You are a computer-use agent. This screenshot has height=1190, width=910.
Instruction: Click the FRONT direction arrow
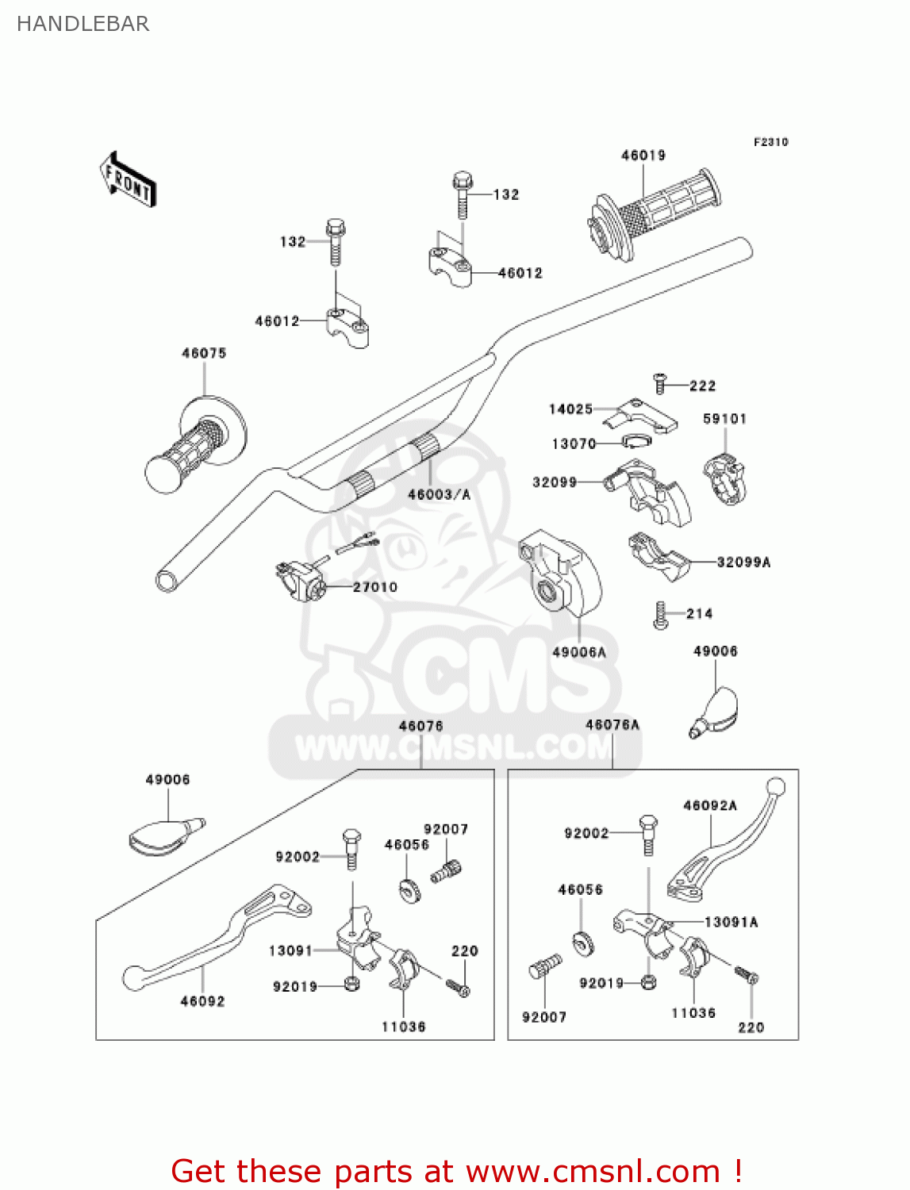point(128,180)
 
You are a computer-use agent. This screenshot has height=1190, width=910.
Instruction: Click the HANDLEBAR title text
point(83,24)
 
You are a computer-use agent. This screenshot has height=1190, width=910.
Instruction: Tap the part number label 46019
point(643,155)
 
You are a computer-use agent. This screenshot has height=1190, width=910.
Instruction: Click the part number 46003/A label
point(439,494)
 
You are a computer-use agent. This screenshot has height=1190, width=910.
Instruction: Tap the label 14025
point(570,409)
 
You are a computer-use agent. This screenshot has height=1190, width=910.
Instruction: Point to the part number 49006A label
point(578,652)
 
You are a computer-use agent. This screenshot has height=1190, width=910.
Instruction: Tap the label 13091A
point(731,922)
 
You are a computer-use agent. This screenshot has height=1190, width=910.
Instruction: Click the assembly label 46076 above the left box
point(420,726)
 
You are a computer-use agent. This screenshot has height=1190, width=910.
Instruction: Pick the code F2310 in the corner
point(770,142)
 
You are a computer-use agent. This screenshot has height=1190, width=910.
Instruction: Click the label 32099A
point(743,562)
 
